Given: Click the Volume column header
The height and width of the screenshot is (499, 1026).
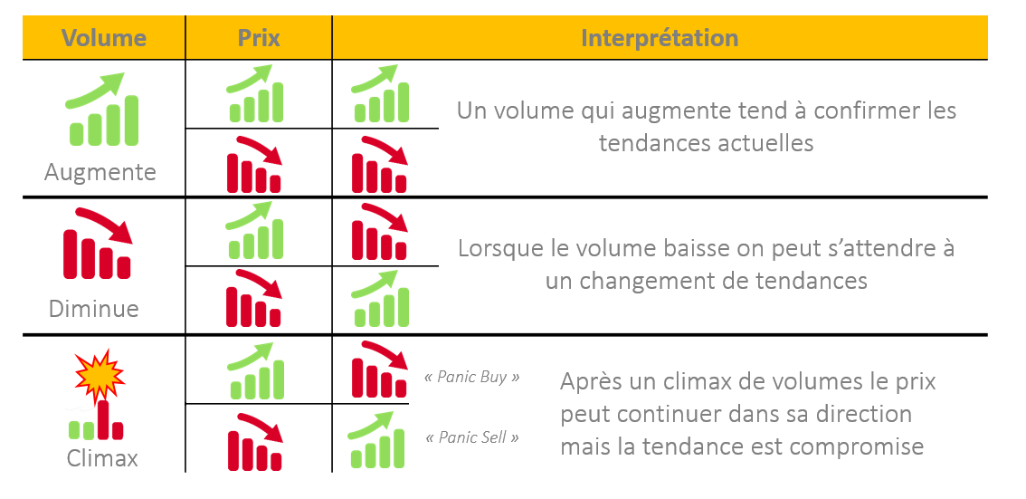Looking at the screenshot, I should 103,38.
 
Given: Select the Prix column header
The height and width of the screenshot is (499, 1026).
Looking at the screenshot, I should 259,38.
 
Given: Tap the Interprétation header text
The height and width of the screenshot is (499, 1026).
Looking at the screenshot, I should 659,38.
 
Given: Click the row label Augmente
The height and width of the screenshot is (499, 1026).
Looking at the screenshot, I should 100,172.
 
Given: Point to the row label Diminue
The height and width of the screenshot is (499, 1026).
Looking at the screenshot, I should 93,309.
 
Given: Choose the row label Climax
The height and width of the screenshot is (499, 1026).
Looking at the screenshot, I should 102,458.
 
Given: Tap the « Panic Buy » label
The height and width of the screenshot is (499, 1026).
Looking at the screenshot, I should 472,377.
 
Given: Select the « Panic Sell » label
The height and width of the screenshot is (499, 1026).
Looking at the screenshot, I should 472,437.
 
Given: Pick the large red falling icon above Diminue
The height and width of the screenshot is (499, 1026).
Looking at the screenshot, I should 98,244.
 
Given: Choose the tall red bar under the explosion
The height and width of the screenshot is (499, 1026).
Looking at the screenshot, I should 103,418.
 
